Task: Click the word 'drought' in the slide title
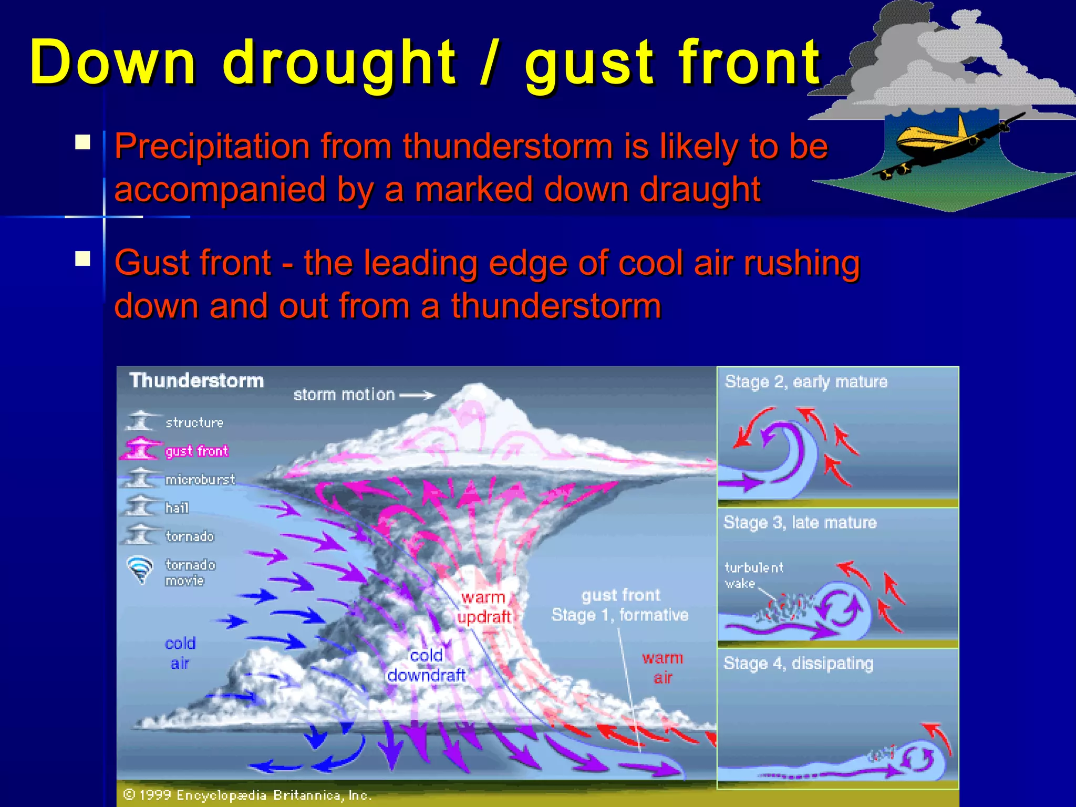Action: [339, 63]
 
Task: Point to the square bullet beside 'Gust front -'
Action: [82, 258]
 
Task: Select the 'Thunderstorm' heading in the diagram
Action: [196, 380]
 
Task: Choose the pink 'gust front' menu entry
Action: [196, 451]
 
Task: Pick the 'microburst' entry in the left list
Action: [200, 480]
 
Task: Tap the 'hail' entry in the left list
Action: [177, 508]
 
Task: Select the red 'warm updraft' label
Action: [483, 607]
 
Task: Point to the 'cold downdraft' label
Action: [426, 665]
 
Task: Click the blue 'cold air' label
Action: [180, 653]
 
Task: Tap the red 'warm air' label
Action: [662, 667]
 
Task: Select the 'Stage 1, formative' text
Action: [619, 615]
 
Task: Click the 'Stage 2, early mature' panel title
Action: [805, 382]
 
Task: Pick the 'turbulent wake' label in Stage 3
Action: [753, 575]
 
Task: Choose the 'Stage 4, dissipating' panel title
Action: [798, 664]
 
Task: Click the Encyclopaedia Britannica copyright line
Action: [247, 795]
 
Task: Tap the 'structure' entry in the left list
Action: [194, 422]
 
